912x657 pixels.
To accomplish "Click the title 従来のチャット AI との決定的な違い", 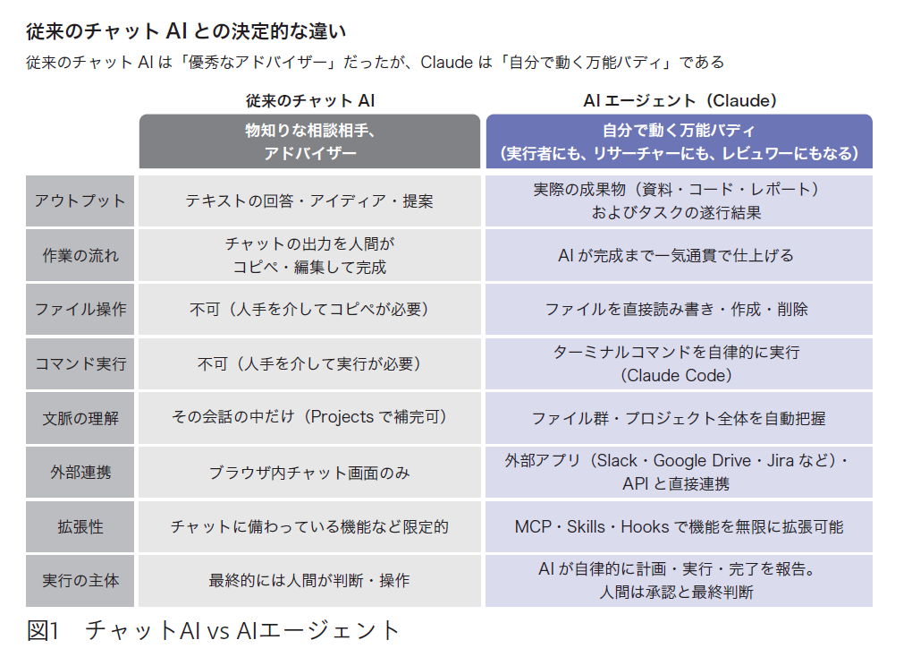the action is click(186, 31).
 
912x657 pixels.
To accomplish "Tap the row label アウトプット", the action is click(80, 201).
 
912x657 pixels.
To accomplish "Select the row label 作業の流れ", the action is click(80, 255).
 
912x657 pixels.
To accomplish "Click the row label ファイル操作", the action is click(80, 310).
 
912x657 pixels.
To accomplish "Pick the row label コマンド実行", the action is click(80, 363).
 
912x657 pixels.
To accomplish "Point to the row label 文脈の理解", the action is click(80, 418).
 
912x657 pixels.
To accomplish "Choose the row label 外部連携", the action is click(80, 473).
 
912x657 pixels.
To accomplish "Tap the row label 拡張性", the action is click(80, 526).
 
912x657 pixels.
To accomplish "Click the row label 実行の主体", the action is click(80, 581).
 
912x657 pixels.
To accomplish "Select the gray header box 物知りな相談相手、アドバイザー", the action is click(309, 141).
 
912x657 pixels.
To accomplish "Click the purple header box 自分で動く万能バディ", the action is click(680, 141).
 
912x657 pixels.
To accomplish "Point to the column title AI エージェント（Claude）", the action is click(680, 101).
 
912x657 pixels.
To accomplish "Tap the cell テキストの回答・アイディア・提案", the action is click(309, 201).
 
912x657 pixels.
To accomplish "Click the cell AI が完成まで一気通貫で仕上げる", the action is click(676, 255).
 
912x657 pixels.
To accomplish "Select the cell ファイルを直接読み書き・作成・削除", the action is click(677, 310).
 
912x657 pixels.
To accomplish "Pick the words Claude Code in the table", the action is click(676, 376).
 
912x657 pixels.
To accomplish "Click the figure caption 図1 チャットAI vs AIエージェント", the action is click(213, 631).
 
